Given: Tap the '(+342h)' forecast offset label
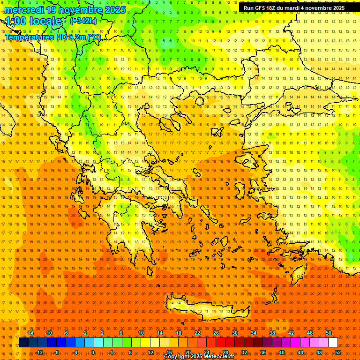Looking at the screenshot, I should point(83,21).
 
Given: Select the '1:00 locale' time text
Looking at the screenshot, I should point(33,21).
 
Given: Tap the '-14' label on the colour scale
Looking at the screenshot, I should point(30,333).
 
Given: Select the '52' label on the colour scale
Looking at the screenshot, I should point(338,352).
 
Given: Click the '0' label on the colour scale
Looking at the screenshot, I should point(93,352).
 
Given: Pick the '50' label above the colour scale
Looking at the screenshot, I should point(329,333).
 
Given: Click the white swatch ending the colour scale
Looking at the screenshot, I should point(333,343).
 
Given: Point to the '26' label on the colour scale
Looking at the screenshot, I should point(216,333).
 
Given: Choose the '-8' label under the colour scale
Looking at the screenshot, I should point(57,352).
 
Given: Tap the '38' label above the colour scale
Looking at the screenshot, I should point(272,333).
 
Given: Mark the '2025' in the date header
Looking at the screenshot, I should point(115,10).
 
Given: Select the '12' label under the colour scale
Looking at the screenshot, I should point(150,352).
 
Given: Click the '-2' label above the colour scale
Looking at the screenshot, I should point(85,333).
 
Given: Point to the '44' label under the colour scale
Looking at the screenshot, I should point(300,352).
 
